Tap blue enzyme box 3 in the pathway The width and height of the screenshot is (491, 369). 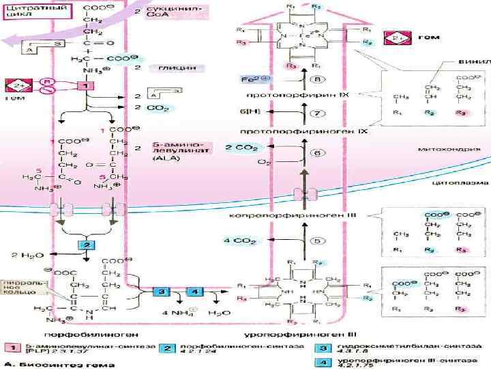[160, 291]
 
